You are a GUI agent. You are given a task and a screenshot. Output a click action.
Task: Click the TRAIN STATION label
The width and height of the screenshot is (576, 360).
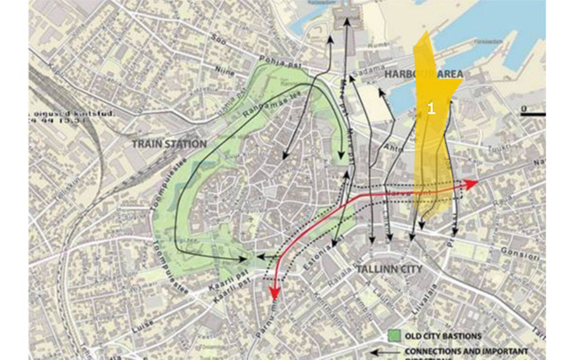point(169,144)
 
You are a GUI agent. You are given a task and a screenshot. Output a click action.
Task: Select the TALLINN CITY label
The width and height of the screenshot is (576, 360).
point(389,269)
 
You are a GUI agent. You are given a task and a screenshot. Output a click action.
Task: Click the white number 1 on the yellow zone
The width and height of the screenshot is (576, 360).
point(431,109)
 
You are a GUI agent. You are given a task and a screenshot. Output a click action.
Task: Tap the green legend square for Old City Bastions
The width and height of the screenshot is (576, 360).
point(394,336)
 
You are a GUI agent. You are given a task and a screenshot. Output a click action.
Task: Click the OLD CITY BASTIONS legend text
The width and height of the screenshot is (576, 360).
point(443,336)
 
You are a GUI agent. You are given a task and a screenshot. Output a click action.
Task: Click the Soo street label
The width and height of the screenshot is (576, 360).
point(218,39)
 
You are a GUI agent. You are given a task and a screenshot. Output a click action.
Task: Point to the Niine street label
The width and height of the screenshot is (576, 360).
point(225,71)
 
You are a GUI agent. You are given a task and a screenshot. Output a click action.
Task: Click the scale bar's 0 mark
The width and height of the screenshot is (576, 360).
point(523,108)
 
